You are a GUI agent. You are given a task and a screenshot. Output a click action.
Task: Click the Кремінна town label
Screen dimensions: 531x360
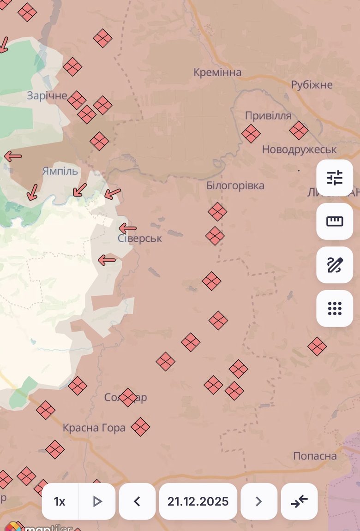point(217,72)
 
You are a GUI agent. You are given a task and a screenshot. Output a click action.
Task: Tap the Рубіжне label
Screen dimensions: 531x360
point(312,85)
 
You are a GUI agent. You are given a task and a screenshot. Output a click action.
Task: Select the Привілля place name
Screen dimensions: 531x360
point(268,115)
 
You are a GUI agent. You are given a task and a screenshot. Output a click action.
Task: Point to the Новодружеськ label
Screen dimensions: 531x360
point(299,149)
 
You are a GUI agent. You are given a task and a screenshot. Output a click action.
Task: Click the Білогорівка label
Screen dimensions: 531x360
point(235,185)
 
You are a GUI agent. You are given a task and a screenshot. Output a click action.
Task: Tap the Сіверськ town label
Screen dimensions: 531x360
point(140,239)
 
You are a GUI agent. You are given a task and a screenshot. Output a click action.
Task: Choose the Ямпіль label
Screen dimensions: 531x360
point(60,171)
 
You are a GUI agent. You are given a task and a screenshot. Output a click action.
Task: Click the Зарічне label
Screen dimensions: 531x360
point(47,96)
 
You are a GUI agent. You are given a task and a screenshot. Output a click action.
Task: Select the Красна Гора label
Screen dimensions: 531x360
point(94,428)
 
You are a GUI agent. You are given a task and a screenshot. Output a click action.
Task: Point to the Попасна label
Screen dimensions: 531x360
point(315,456)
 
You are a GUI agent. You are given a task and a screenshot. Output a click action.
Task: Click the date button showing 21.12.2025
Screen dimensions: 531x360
point(198,501)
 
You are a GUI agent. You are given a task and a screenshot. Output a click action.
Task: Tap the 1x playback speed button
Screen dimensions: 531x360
point(60,501)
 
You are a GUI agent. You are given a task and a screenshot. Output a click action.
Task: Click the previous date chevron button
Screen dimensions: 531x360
point(137,501)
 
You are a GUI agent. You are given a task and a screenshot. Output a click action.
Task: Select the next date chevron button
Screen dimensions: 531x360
point(259,501)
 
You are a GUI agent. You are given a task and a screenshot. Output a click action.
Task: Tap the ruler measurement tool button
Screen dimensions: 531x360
point(335,221)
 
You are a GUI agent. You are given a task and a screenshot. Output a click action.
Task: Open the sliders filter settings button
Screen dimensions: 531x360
point(335,178)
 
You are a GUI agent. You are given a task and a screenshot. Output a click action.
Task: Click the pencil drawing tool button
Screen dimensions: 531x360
point(335,265)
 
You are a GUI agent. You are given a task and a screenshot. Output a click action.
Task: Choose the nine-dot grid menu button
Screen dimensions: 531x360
point(335,308)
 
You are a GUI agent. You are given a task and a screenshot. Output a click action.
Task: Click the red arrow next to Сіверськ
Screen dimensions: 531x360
point(127,228)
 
